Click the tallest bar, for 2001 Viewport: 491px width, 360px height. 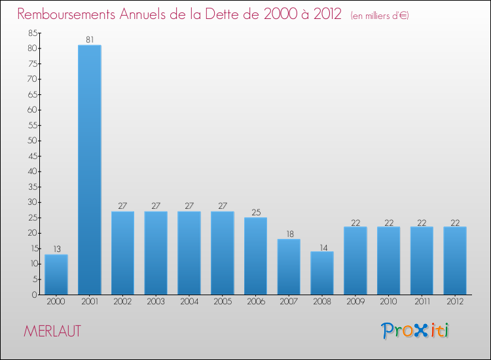click(x=89, y=170)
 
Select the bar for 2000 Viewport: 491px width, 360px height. click(x=56, y=275)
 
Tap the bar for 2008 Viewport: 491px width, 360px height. click(x=322, y=273)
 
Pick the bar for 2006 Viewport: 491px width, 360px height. click(x=255, y=256)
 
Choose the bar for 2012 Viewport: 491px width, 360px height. click(x=455, y=261)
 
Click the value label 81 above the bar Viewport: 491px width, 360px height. click(x=89, y=40)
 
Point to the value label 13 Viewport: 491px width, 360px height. click(x=56, y=249)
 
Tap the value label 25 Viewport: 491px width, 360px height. click(x=255, y=212)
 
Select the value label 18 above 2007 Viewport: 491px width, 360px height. click(x=289, y=234)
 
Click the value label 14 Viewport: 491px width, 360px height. click(x=322, y=246)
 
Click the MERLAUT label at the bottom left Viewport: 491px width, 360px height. click(x=52, y=331)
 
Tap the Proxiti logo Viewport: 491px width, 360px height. click(x=416, y=331)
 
